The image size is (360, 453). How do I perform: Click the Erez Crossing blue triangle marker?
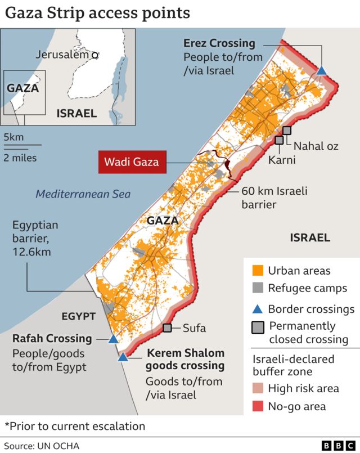click(321, 70)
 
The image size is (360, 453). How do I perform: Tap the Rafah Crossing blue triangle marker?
click(113, 339)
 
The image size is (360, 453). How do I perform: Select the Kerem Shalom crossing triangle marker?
click(123, 357)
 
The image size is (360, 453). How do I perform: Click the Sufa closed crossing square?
click(167, 328)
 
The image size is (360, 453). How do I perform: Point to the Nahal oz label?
click(317, 146)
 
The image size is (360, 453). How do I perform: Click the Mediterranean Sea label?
click(83, 195)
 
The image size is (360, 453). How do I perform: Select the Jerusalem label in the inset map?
click(63, 55)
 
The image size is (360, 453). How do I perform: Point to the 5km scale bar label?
click(13, 137)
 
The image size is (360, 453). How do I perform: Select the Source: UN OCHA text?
click(42, 446)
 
